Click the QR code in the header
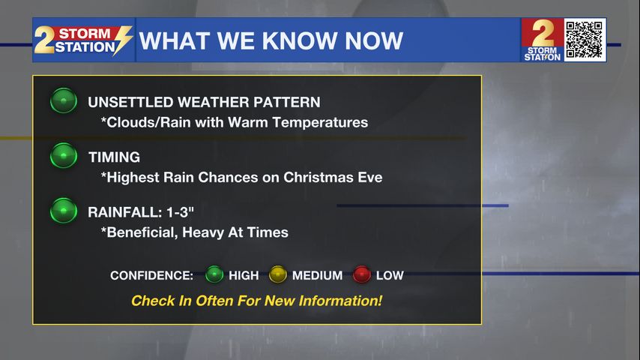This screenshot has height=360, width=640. pos(585,40)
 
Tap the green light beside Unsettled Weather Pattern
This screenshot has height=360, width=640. pos(64,100)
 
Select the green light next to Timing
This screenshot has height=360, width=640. pos(64,155)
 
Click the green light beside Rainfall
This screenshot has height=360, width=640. pos(64,211)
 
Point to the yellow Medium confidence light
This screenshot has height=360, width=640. pos(277,274)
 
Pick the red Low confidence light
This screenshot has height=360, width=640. pos(362,274)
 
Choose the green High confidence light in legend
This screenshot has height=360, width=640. pos(214,274)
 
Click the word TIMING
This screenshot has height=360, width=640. pos(114,157)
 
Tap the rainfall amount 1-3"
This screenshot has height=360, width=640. pos(175,212)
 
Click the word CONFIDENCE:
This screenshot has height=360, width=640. pos(151,275)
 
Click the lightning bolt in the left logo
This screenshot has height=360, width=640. pos(122,40)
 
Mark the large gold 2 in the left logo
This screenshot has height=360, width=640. pos(44,40)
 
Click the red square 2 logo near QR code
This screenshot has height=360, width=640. pos(543,40)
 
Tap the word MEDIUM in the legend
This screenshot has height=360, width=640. pos(318,275)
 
